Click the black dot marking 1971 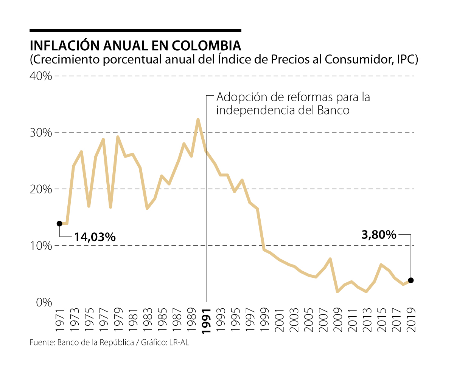pos(59,224)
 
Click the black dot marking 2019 pos(411,280)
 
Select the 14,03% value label pos(95,237)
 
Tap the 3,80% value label pos(379,235)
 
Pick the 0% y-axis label pos(44,302)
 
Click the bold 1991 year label pos(207,320)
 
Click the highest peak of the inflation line pos(198,119)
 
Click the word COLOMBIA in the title pos(207,46)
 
